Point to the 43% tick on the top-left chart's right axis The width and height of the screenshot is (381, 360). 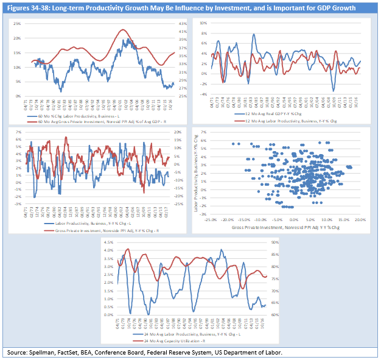tap(181, 23)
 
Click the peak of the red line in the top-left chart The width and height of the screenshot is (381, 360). tap(124, 30)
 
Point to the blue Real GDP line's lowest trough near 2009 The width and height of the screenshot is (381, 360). tap(333, 90)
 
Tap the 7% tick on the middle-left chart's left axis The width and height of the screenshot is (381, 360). tap(18, 132)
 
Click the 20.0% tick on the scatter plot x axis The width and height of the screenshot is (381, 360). tap(360, 221)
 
